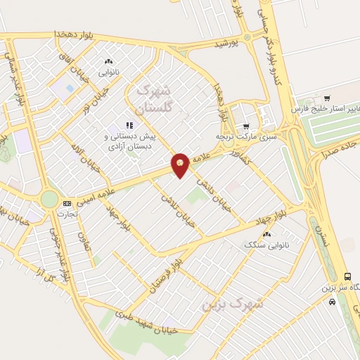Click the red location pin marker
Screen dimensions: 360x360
pyautogui.click(x=180, y=165)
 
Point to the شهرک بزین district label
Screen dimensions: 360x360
pyautogui.click(x=231, y=303)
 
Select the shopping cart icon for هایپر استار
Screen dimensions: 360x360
pyautogui.click(x=327, y=98)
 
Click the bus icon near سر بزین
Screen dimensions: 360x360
pyautogui.click(x=347, y=276)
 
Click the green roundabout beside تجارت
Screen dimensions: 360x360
pyautogui.click(x=49, y=199)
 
